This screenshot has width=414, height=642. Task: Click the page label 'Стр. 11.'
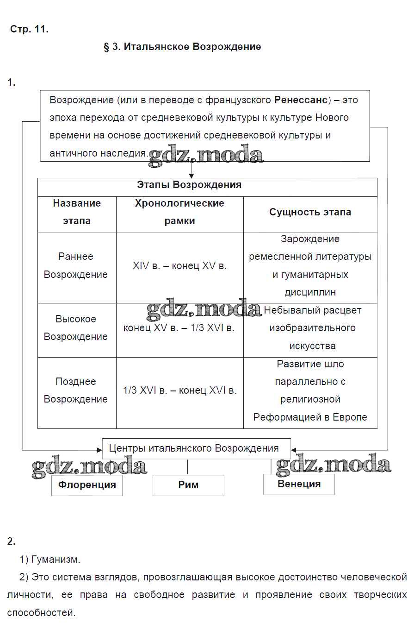(x=29, y=29)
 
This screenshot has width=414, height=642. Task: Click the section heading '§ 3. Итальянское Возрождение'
(x=182, y=47)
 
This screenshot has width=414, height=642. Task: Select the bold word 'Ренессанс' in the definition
(x=301, y=100)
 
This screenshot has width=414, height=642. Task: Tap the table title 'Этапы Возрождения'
(x=189, y=185)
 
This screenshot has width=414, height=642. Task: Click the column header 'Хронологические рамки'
(x=179, y=212)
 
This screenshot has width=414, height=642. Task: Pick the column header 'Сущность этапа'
(x=310, y=212)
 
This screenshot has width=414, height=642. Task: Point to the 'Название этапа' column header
(x=77, y=212)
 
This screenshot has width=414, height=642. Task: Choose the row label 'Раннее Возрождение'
(x=76, y=265)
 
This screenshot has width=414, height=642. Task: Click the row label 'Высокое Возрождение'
(x=76, y=328)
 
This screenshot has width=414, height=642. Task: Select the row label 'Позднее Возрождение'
(x=76, y=390)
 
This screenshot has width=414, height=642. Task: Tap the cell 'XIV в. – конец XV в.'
(x=179, y=266)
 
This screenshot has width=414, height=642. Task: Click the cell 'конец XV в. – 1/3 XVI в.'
(x=179, y=328)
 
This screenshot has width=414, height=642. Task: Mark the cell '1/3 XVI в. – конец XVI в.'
(x=179, y=390)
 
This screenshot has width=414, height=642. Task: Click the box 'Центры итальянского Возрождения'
(x=194, y=448)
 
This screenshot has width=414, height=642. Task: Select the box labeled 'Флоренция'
(x=87, y=485)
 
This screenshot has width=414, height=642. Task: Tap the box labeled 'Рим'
(x=188, y=485)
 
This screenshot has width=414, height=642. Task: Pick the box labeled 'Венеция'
(x=299, y=484)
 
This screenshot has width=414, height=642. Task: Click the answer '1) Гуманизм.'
(x=50, y=560)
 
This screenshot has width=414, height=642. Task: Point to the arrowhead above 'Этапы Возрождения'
(x=192, y=176)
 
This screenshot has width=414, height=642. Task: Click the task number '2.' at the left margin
(x=12, y=541)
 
